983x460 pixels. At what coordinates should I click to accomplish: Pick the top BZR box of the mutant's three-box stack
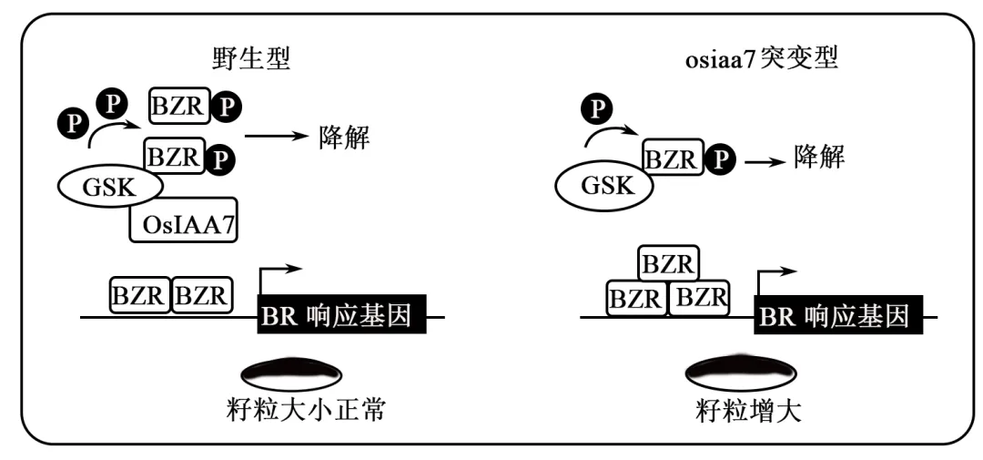(669, 264)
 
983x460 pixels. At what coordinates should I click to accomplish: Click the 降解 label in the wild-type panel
(346, 138)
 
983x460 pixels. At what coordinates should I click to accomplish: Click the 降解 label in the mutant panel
(818, 158)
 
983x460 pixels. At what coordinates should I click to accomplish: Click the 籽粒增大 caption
(745, 411)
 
